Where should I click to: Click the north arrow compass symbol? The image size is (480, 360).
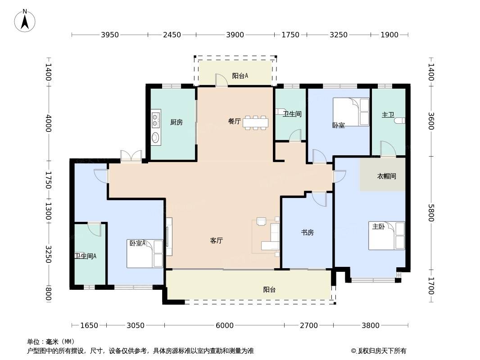pos(25,21)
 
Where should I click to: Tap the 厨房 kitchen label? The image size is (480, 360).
pos(177,122)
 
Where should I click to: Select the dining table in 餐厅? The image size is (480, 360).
pos(256,123)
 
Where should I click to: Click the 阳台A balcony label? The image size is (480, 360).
pos(240,76)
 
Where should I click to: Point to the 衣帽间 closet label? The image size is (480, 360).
pos(386,176)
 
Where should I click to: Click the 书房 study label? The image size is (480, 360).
pos(308,233)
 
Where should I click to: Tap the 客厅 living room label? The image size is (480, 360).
pos(217,241)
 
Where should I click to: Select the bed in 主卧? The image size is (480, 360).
pos(387,235)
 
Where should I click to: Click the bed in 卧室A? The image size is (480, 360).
pos(145,253)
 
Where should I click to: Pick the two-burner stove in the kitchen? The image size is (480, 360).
pos(156,120)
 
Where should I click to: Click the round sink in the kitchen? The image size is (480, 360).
pos(156,137)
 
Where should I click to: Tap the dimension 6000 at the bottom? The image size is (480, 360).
pos(224,325)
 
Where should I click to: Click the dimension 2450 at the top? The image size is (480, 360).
pos(172,35)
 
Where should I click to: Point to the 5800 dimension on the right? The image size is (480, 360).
pos(431,212)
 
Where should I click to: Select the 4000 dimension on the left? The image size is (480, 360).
pos(48,123)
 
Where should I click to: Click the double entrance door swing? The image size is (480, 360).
pos(131,156)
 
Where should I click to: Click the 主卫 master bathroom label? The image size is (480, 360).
pos(388,115)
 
